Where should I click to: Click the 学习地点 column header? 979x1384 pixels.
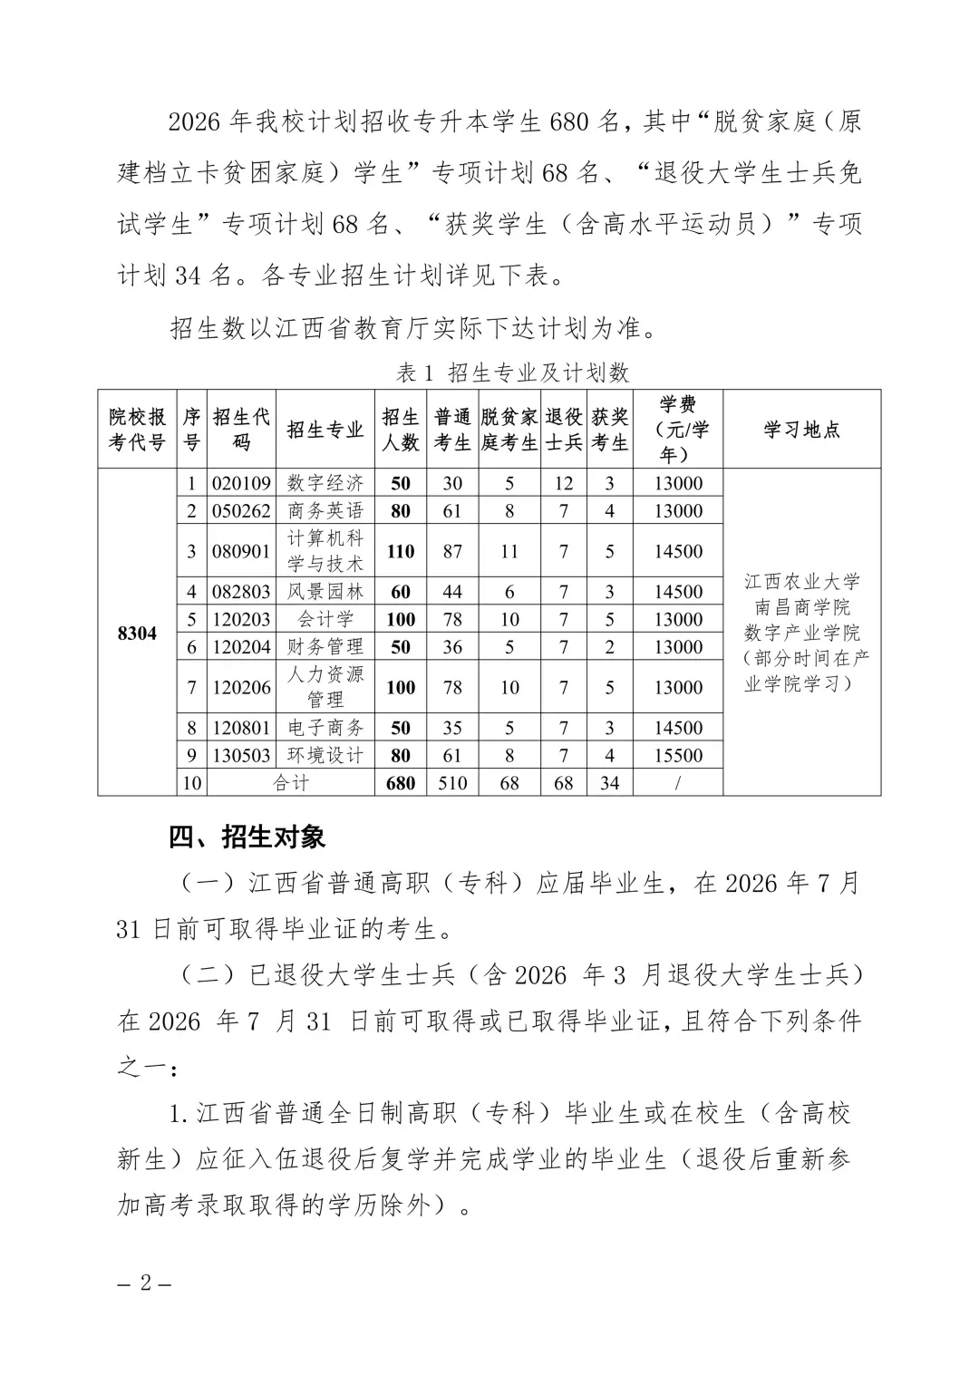coord(801,429)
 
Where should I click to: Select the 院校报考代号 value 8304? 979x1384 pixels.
coord(137,633)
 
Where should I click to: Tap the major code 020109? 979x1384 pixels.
coord(241,483)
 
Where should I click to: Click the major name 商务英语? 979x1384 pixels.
coord(325,510)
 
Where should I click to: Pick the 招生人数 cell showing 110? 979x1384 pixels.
coord(401,551)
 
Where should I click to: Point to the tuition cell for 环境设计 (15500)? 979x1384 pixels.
coord(678,755)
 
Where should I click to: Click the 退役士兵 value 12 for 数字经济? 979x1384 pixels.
coord(564,483)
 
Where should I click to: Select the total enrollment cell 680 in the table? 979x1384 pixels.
coord(401,782)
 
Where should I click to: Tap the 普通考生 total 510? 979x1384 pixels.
coord(452,782)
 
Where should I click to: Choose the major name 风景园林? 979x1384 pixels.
coord(325,592)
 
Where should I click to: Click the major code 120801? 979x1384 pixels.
coord(241,728)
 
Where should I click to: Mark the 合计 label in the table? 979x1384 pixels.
coord(291,782)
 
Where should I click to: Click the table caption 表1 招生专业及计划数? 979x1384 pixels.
coord(512,373)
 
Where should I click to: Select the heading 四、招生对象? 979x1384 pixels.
coord(247,837)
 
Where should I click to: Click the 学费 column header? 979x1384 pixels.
coord(678,429)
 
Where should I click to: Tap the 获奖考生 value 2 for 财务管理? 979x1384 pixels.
coord(610,646)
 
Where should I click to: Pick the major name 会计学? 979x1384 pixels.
coord(325,619)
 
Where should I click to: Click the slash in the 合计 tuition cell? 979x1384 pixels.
coord(678,782)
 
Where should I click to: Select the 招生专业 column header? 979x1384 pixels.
coord(325,429)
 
